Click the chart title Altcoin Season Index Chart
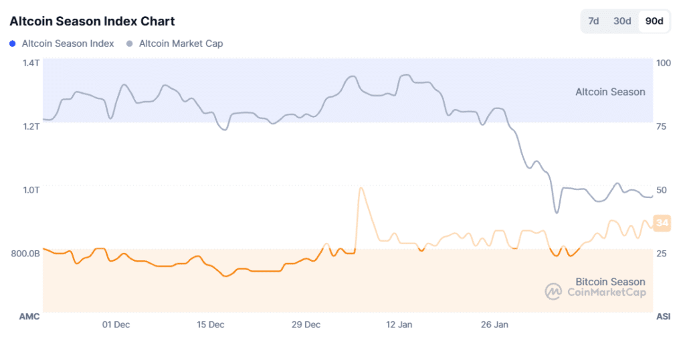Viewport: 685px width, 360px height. [x=92, y=21]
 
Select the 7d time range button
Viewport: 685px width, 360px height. [x=593, y=21]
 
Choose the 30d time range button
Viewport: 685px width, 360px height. [x=622, y=21]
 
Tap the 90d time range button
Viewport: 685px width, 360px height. [x=654, y=21]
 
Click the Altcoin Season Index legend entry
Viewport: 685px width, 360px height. [x=68, y=43]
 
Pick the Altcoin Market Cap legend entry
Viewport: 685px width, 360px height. [x=181, y=43]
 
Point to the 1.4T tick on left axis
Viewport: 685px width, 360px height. [x=31, y=63]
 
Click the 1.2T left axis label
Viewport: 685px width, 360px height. [x=31, y=126]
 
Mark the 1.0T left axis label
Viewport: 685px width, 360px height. [x=31, y=190]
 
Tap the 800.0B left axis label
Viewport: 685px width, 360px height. [x=25, y=254]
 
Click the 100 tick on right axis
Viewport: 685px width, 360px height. [x=664, y=63]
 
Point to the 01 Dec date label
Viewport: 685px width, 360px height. [x=116, y=325]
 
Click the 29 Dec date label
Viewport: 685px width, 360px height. [x=306, y=325]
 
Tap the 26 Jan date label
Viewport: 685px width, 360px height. [x=495, y=325]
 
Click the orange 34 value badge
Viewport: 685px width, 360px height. [x=662, y=223]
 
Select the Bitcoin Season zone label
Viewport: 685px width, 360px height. [x=610, y=282]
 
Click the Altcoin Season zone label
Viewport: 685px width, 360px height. [x=610, y=92]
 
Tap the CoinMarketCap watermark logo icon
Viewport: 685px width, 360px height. [x=553, y=292]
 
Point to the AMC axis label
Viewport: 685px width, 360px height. [x=29, y=316]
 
